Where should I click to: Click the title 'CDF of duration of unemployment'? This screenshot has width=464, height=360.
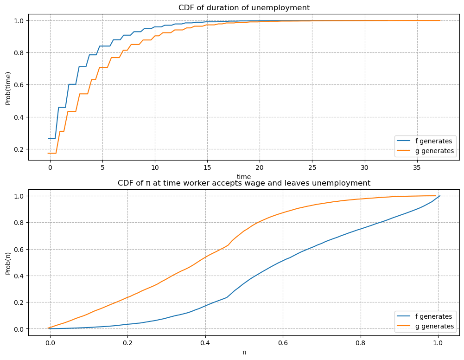pyautogui.click(x=244, y=7)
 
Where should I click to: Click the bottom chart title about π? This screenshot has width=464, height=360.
pyautogui.click(x=244, y=183)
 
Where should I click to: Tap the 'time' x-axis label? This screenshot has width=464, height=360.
pyautogui.click(x=244, y=176)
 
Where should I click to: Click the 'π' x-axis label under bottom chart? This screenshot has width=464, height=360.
pyautogui.click(x=244, y=352)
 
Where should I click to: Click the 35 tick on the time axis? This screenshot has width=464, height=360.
pyautogui.click(x=417, y=167)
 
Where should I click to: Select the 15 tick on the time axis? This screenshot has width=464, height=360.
pyautogui.click(x=207, y=167)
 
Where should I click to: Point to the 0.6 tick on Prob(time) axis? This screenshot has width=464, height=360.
pyautogui.click(x=19, y=85)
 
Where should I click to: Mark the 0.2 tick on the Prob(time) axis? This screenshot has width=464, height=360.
pyautogui.click(x=19, y=149)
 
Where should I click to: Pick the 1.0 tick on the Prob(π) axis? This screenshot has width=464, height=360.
pyautogui.click(x=19, y=196)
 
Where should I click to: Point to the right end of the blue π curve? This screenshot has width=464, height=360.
pyautogui.click(x=439, y=196)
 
